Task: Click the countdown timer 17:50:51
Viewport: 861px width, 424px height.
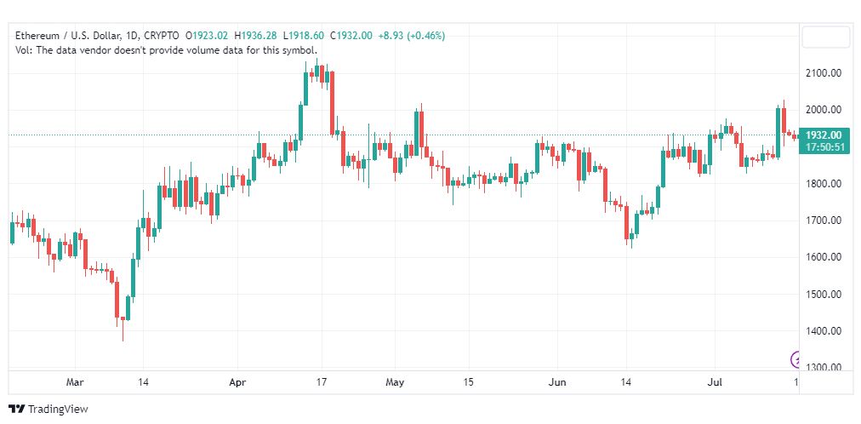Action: pos(825,147)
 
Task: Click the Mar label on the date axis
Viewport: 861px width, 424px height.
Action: pos(75,382)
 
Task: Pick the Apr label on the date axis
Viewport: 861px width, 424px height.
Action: pos(237,382)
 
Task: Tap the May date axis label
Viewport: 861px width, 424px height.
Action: pos(395,382)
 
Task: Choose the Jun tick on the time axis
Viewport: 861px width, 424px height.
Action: pos(557,382)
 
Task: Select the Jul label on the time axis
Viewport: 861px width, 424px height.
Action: pos(715,382)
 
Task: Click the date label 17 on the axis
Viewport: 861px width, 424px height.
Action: pos(322,382)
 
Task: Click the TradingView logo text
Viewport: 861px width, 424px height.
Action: pos(58,410)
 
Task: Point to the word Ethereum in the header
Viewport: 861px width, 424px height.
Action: pos(36,36)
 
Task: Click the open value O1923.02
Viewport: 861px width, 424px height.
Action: pos(207,36)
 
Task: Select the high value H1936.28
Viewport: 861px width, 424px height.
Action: pos(255,36)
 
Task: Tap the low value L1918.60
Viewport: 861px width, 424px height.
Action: pos(304,36)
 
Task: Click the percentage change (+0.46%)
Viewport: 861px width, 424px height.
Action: pos(425,36)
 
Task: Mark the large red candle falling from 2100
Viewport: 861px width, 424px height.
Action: pos(332,102)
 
